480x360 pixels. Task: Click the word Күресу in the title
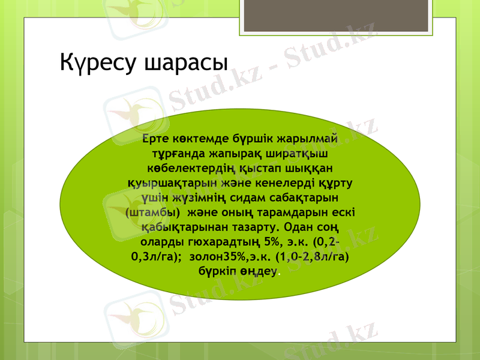point(99,62)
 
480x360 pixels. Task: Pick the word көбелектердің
point(198,168)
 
